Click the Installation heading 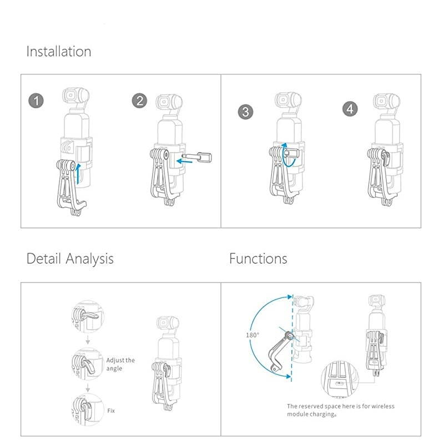(59, 52)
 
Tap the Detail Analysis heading (70, 259)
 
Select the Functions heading (258, 259)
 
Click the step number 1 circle (36, 102)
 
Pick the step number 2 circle (139, 100)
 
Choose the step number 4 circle (349, 109)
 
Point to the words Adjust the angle (120, 364)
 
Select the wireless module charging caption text (340, 410)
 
